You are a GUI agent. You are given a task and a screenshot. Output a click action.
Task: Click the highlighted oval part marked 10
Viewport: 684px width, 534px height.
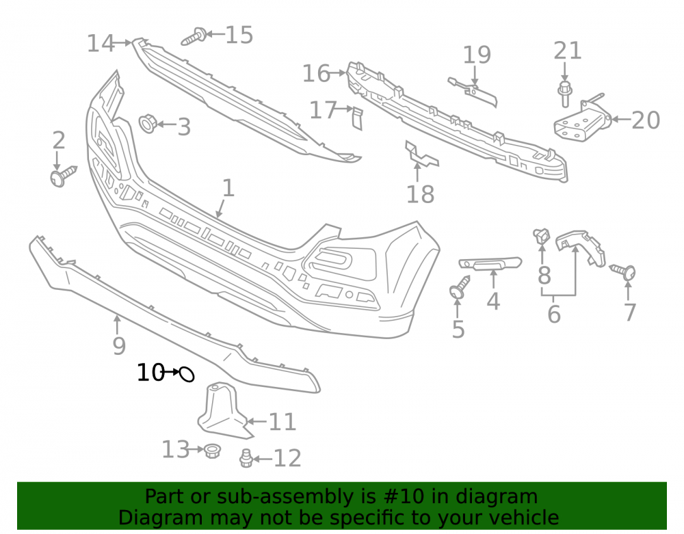tap(187, 374)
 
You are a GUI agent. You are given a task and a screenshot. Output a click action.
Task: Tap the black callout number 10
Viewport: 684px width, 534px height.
tap(150, 373)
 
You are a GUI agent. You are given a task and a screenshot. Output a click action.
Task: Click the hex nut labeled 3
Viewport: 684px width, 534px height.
tap(148, 124)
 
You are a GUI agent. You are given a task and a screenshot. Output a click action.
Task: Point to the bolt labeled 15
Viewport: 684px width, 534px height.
tap(194, 37)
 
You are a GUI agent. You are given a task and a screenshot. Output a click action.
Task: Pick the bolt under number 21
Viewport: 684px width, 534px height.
tap(564, 93)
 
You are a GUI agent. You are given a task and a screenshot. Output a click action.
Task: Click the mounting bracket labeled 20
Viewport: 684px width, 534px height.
tap(582, 120)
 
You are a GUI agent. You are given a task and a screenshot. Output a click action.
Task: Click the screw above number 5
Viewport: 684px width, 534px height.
tap(460, 287)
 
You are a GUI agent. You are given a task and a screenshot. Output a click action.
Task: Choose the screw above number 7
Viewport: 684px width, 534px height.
tap(623, 271)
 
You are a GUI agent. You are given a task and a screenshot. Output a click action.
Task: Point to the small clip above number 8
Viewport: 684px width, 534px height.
tap(541, 236)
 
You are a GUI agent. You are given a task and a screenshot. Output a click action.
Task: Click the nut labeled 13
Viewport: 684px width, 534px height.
tap(213, 451)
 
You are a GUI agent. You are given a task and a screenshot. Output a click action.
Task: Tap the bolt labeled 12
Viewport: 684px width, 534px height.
tap(246, 459)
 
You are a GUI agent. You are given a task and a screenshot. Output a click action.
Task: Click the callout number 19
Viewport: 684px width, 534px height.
tap(476, 55)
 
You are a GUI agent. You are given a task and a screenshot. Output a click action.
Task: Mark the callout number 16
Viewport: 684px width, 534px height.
tap(316, 73)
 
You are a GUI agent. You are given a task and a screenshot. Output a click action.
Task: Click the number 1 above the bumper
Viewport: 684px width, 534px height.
tap(228, 188)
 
